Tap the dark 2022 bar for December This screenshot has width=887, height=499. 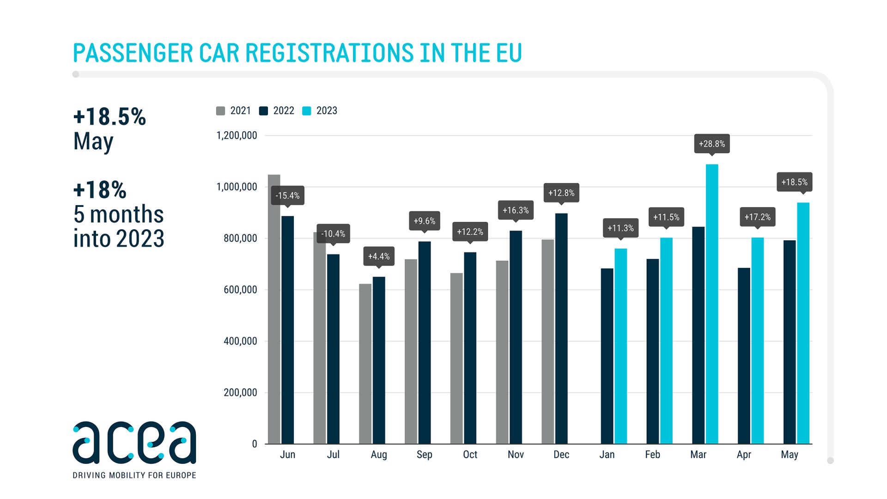(561, 329)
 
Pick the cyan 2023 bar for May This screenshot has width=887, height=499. (803, 323)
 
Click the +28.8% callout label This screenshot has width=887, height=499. (712, 144)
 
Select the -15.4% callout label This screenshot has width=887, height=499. (287, 195)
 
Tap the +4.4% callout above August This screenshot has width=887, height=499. (379, 256)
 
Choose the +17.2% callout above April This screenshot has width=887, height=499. (757, 217)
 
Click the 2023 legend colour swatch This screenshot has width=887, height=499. (306, 111)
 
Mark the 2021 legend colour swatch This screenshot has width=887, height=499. (220, 111)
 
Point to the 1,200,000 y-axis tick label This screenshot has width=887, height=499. (237, 135)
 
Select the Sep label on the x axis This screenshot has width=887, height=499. (424, 455)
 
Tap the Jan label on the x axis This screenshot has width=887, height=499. (607, 455)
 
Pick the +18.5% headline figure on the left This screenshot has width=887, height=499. (109, 116)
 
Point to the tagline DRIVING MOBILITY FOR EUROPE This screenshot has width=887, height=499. (134, 475)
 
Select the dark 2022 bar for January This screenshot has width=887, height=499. (607, 356)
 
